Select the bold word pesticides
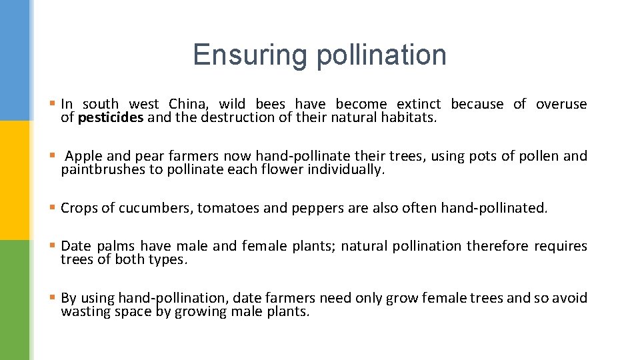pyautogui.click(x=111, y=118)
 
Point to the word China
pyautogui.click(x=189, y=104)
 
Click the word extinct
pyautogui.click(x=419, y=104)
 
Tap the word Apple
pyautogui.click(x=83, y=156)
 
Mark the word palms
pyautogui.click(x=114, y=246)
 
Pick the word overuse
pyautogui.click(x=561, y=104)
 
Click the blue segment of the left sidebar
pyautogui.click(x=15, y=60)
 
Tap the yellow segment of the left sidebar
pyautogui.click(x=15, y=180)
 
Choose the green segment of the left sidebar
pyautogui.click(x=15, y=300)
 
